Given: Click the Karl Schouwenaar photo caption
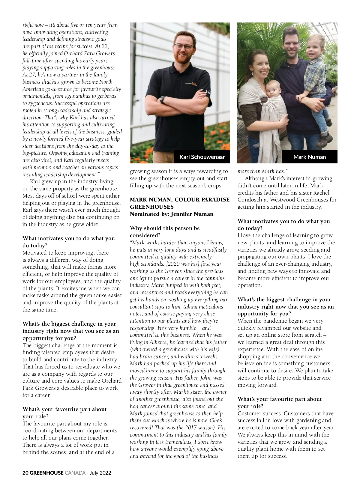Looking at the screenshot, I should click(202, 157).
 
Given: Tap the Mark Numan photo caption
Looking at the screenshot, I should click(309, 157).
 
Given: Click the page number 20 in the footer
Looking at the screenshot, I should click(25, 473).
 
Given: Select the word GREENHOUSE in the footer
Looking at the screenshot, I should click(46, 473).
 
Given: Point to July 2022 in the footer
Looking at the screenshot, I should click(100, 473).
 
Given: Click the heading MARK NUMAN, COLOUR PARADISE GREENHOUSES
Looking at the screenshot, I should click(179, 203).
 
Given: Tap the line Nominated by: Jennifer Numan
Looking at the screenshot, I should click(171, 214).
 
